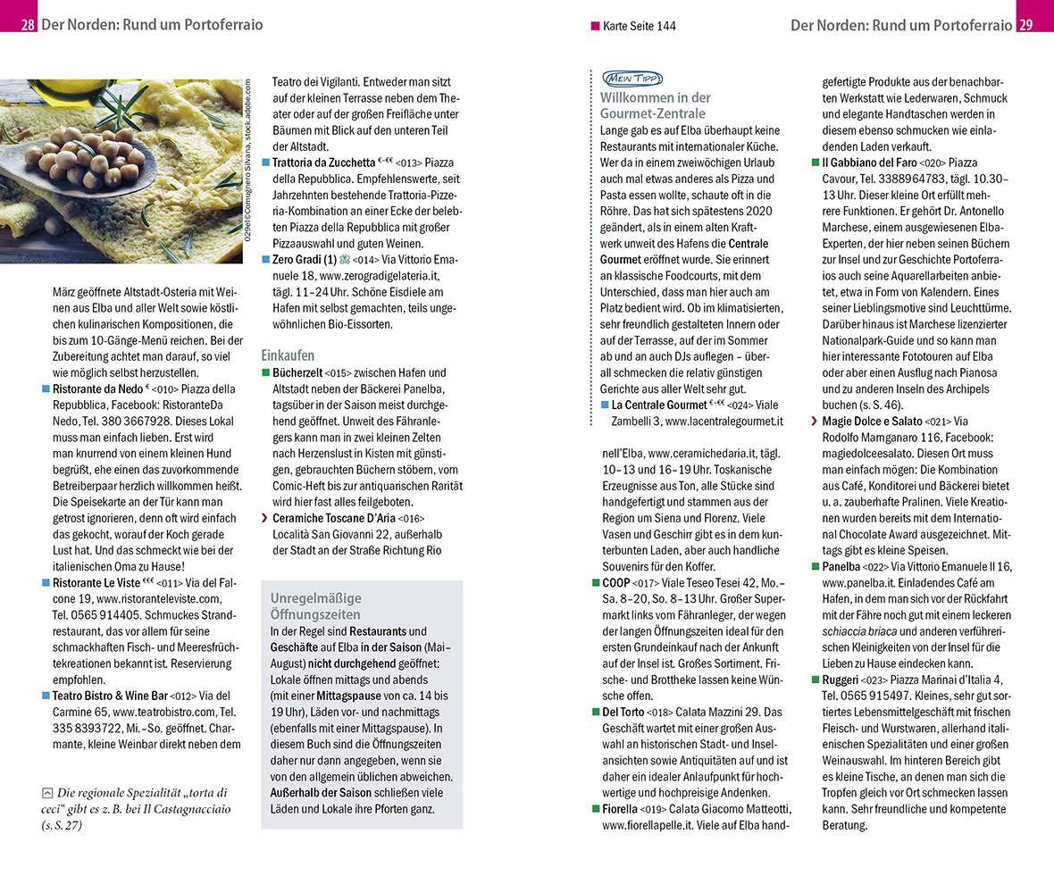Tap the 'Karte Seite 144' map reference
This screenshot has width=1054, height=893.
(x=639, y=26)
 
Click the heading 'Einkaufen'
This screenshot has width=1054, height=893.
(x=288, y=355)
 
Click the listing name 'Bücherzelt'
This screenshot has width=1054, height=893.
(x=297, y=372)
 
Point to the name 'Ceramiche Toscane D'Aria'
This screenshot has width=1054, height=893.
(x=333, y=518)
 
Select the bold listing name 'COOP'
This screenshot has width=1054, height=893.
(x=616, y=582)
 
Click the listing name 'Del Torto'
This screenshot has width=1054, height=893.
(x=623, y=712)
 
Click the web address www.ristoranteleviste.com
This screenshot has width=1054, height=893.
(x=162, y=598)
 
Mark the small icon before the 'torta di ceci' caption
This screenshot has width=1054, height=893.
(x=47, y=792)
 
